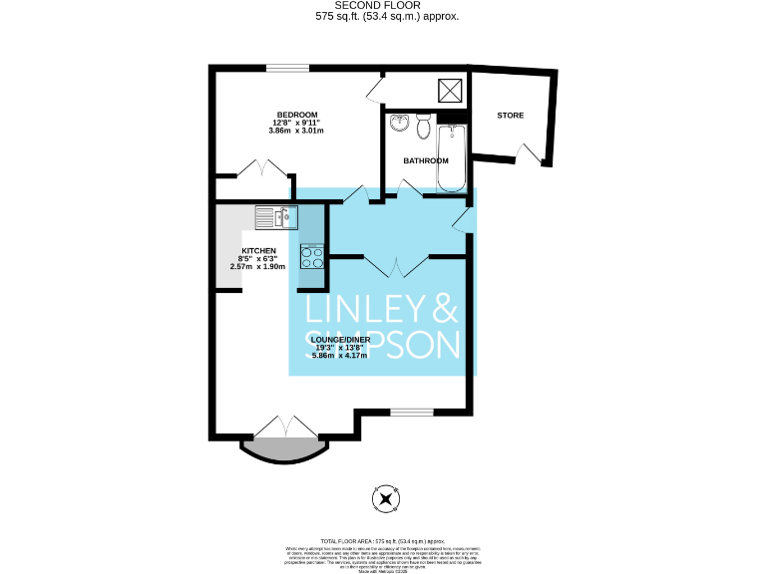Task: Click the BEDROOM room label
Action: (x=296, y=114)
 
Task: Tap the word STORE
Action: (x=510, y=116)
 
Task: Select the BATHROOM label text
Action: (x=426, y=160)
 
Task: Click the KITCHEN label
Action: (x=258, y=250)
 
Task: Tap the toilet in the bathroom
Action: (x=424, y=128)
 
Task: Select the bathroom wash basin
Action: (x=399, y=124)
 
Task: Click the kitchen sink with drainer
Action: (x=276, y=216)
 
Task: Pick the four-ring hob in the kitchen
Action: (x=312, y=257)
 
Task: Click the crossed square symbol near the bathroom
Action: (x=451, y=90)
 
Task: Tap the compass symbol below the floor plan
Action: (x=384, y=498)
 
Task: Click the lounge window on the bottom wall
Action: (x=410, y=412)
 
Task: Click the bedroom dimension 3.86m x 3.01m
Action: (x=296, y=131)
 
